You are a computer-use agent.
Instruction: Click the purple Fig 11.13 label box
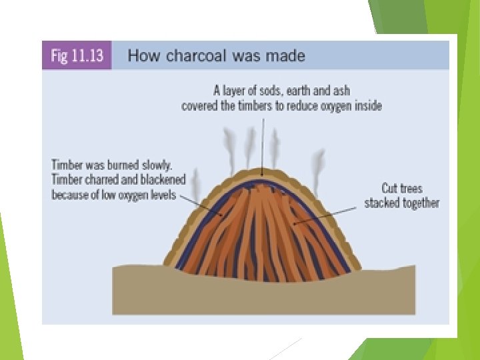pos(77,55)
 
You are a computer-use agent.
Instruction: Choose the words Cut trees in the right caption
pos(402,189)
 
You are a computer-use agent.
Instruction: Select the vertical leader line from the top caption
pos(263,140)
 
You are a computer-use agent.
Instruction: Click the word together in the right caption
pos(421,203)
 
